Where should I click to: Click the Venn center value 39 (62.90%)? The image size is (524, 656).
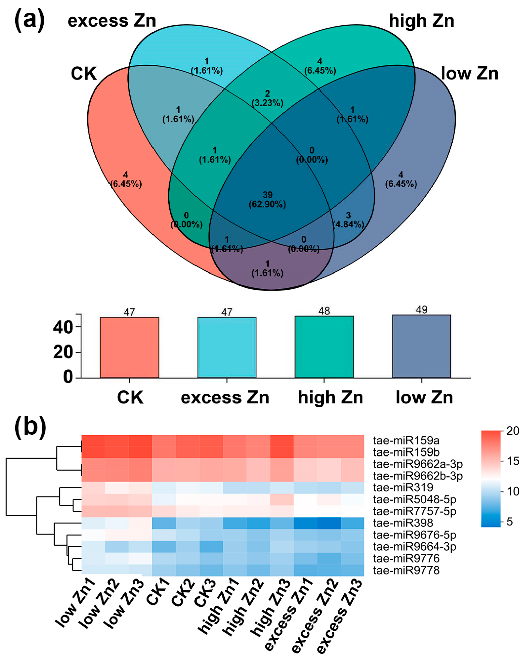coord(267,200)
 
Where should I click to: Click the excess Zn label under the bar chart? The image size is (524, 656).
coord(225,397)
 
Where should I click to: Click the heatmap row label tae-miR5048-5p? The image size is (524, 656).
coord(414,499)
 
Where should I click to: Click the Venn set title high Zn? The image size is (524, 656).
coord(421,21)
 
